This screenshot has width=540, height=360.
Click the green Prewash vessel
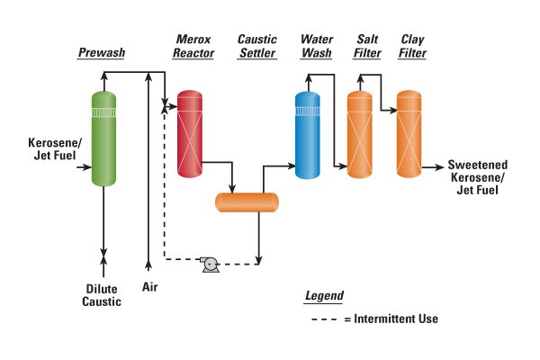tap(104, 139)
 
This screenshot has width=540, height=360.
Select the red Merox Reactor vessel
tap(188, 132)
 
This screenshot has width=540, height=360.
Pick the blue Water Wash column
tap(308, 133)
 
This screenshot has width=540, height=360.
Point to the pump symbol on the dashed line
tap(211, 264)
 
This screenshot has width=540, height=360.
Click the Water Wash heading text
tap(315, 47)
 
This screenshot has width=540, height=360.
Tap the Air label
tap(149, 287)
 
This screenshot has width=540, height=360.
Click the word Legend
tap(324, 295)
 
